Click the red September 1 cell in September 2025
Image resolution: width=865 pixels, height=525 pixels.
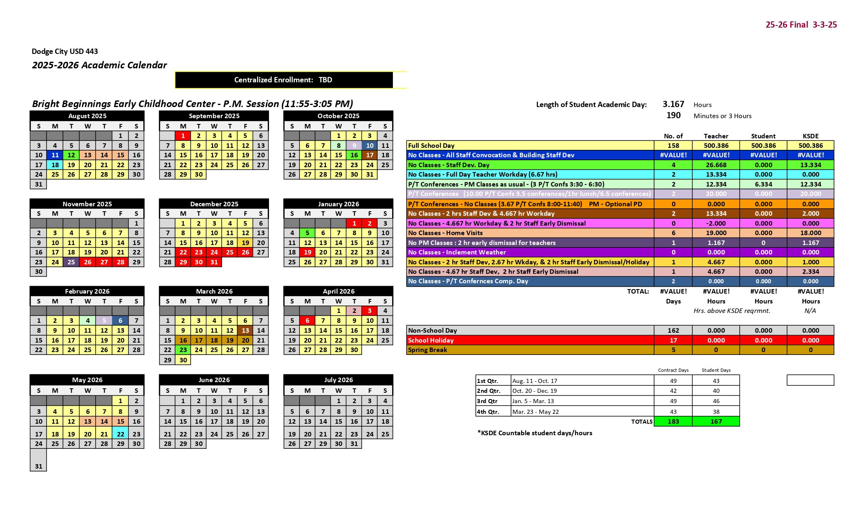[x=183, y=136]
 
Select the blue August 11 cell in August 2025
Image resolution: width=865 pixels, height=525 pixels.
[x=55, y=155]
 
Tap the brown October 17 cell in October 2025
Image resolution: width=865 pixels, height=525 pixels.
[x=369, y=155]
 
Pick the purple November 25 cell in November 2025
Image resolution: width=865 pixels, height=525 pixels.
[x=71, y=262]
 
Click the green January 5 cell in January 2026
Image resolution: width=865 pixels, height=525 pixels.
[x=307, y=233]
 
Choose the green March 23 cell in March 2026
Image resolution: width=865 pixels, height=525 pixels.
[x=183, y=350]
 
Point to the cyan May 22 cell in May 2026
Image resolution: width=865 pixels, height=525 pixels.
[x=120, y=434]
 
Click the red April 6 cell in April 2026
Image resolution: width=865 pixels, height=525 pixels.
[x=307, y=321]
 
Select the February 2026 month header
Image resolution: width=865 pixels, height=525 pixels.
[x=87, y=292]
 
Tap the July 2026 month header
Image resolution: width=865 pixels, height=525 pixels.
[x=338, y=380]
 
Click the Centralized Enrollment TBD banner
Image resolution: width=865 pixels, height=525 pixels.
[x=283, y=80]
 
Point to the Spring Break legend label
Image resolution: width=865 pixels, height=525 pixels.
[x=428, y=350]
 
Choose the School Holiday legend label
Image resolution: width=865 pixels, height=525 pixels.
[x=430, y=341]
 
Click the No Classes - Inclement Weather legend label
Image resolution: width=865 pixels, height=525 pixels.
[x=457, y=252]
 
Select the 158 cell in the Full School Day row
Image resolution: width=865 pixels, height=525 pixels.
[x=673, y=146]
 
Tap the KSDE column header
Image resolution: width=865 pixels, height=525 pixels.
[x=810, y=136]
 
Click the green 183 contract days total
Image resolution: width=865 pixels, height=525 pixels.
[x=673, y=422]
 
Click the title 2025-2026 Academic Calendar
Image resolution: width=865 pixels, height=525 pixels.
[x=99, y=65]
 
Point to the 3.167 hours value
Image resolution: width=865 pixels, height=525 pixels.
[x=673, y=105]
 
